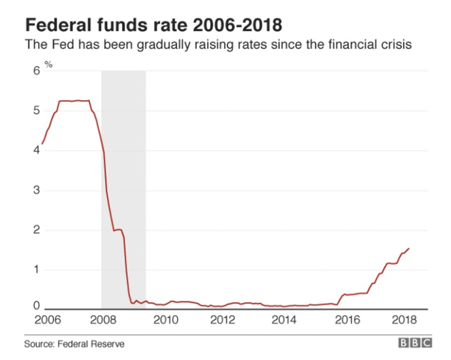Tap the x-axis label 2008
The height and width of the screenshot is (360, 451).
(102, 320)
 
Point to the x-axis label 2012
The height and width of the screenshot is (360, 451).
(223, 320)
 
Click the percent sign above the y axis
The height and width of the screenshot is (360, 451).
(48, 65)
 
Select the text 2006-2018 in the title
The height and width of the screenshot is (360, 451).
(237, 26)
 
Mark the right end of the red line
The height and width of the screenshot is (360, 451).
(409, 248)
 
